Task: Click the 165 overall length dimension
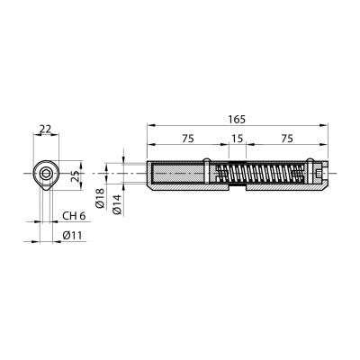click(x=237, y=119)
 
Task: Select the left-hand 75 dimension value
click(x=188, y=139)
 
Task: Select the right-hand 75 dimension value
click(x=287, y=139)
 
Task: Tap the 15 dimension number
click(x=237, y=139)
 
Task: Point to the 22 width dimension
click(x=46, y=129)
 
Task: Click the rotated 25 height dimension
click(x=76, y=175)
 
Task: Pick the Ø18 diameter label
click(x=100, y=199)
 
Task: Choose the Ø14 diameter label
click(x=117, y=204)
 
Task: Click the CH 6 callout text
click(x=74, y=216)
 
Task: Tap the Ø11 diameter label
click(x=72, y=236)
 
